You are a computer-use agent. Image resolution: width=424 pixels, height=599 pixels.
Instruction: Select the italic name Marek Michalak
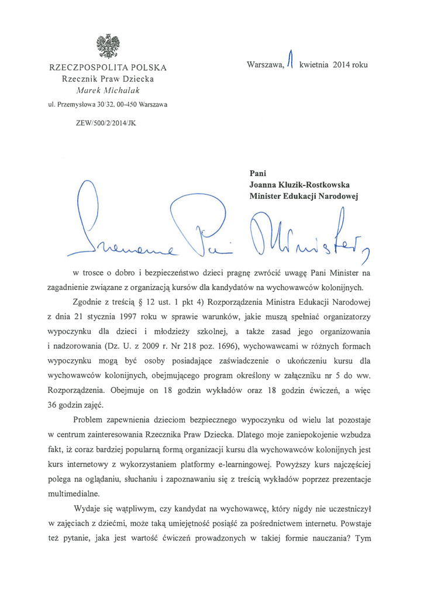click(x=108, y=90)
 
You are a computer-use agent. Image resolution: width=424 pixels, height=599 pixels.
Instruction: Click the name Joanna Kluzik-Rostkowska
click(x=299, y=184)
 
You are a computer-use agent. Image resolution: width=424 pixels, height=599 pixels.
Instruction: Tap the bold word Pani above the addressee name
click(x=258, y=173)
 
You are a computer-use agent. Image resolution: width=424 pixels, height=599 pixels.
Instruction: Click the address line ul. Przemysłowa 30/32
click(x=108, y=105)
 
